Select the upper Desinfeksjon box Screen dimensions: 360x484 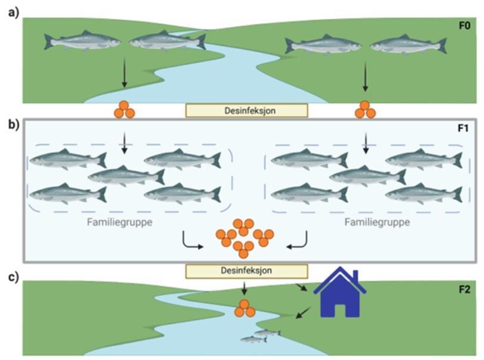(x=246, y=110)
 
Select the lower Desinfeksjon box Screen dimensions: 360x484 (x=246, y=271)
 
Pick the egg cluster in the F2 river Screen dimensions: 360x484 (x=244, y=308)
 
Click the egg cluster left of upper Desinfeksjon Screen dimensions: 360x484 (x=124, y=109)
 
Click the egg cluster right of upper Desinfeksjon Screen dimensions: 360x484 (x=364, y=109)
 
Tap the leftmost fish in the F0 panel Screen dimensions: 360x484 (x=82, y=41)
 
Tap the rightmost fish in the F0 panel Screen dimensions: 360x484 (x=408, y=45)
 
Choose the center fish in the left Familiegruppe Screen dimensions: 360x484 (x=126, y=176)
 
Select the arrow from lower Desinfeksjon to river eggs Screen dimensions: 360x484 (x=244, y=288)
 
